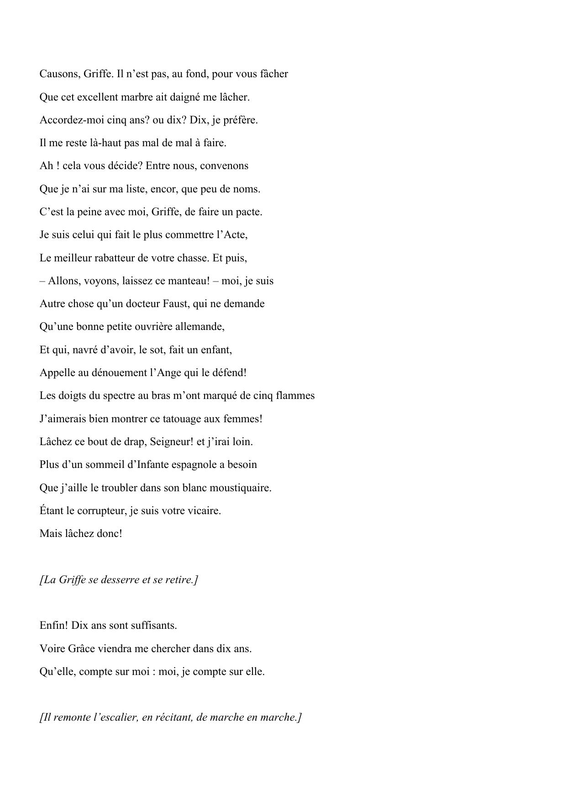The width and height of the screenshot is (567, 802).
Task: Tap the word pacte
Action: (x=249, y=212)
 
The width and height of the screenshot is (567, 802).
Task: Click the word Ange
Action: (x=169, y=372)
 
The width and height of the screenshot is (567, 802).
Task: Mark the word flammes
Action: (x=295, y=396)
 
